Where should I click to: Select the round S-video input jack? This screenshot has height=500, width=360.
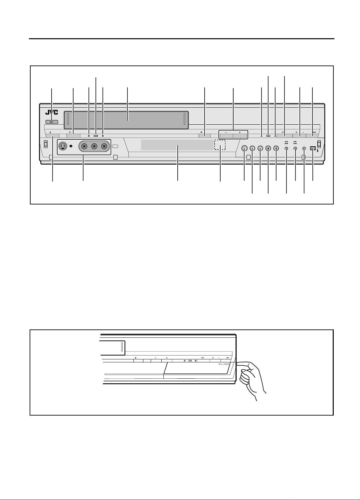pyautogui.click(x=63, y=146)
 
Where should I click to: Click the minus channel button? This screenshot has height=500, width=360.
pyautogui.click(x=226, y=136)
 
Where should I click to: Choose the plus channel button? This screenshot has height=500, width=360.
pyautogui.click(x=240, y=136)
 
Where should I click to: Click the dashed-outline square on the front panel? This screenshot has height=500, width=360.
pyautogui.click(x=220, y=145)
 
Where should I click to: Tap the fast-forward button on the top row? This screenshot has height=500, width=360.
pyautogui.click(x=313, y=136)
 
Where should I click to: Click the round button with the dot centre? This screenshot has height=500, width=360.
pyautogui.click(x=268, y=148)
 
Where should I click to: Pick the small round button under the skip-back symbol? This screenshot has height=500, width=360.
pyautogui.click(x=286, y=148)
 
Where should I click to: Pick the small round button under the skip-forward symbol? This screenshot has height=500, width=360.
pyautogui.click(x=295, y=148)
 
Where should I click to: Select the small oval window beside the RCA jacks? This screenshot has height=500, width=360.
pyautogui.click(x=115, y=146)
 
